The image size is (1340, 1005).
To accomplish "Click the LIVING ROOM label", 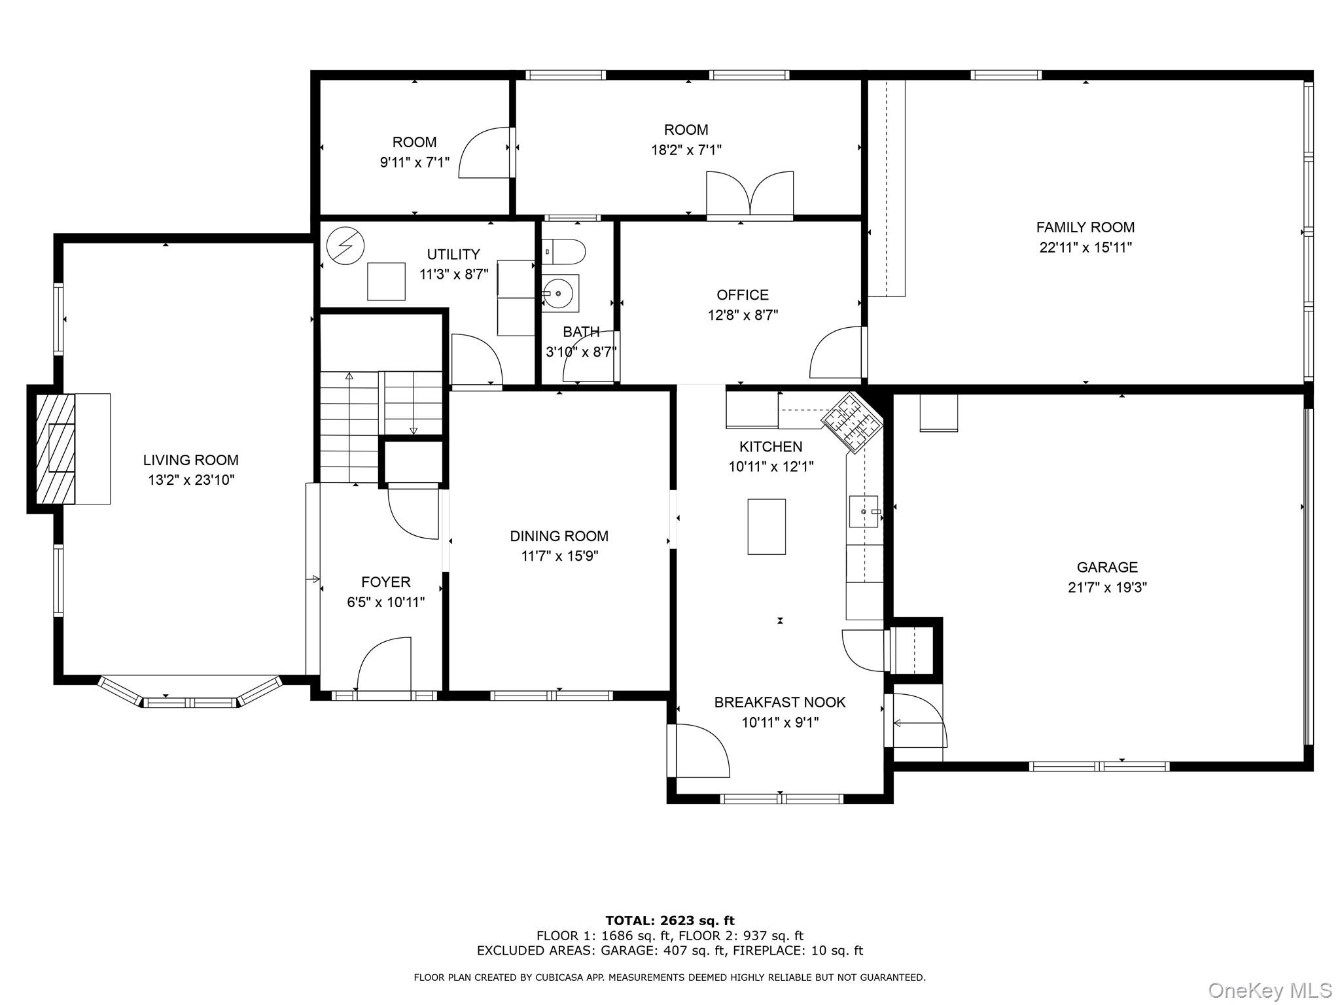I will (190, 460).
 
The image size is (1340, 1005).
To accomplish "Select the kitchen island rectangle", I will (766, 527).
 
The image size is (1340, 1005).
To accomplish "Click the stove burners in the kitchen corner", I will (852, 423).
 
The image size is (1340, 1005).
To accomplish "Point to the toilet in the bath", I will (565, 251).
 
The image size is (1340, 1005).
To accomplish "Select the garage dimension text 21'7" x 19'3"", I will (1107, 588).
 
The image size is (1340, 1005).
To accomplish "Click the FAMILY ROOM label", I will (1085, 227).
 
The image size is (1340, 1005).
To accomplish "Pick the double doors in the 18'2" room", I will (750, 194).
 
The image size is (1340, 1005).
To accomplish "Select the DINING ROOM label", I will (559, 536).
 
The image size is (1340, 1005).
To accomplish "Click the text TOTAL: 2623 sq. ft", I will (669, 921).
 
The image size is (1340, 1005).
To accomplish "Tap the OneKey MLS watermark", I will (1269, 991).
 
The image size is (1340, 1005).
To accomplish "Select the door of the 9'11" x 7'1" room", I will (484, 153).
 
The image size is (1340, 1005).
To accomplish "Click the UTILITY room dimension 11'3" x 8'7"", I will (453, 274).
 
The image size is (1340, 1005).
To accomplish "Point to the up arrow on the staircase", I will (349, 376).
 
